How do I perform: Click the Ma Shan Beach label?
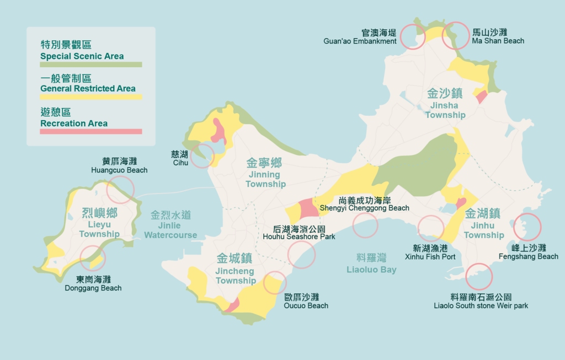tap(498, 36)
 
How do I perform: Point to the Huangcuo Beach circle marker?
tap(120, 190)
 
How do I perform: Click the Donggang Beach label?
tap(93, 283)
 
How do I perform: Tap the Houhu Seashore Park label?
tap(304, 232)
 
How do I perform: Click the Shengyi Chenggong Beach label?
tap(365, 203)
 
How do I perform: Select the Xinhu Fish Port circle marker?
tap(431, 229)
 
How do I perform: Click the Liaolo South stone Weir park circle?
tap(478, 277)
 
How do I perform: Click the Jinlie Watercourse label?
tap(170, 224)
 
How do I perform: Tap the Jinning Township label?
tap(265, 173)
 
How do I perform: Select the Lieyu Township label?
tap(99, 223)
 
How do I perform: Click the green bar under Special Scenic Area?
tap(91, 65)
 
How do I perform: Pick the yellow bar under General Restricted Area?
tap(91, 97)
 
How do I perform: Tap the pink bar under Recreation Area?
tap(91, 132)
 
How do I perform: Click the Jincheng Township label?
tap(235, 268)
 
